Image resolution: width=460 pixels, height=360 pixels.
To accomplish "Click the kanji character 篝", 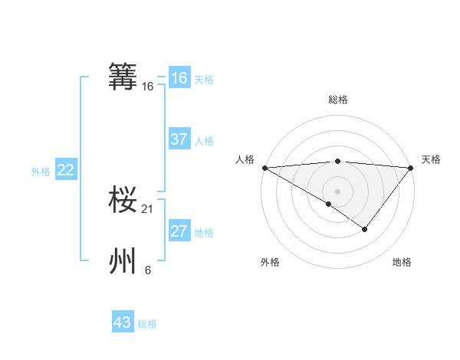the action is coord(123,77).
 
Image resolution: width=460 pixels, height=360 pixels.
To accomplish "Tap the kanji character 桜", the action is coord(123,201).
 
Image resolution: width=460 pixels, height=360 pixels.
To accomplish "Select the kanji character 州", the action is coord(123,261).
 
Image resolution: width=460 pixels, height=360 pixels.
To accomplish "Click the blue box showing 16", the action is coord(179,78).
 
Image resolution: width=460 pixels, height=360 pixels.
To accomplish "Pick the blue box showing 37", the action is coord(179,139).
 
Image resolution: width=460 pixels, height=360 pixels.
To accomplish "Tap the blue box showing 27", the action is coord(179,231).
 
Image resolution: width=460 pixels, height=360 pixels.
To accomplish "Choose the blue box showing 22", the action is coord(65,170).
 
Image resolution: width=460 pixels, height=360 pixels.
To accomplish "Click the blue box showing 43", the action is coord(123,322).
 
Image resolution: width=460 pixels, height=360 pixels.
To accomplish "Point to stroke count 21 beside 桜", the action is coord(149,209).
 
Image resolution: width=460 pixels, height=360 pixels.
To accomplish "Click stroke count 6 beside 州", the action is coord(148,270).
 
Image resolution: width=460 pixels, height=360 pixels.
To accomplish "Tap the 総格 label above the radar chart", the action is coord(337,100).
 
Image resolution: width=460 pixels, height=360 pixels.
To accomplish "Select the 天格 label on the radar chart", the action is coord(432,159).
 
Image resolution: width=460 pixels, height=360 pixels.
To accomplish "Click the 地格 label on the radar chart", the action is coord(402,263).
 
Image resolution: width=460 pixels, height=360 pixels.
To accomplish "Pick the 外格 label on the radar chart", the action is coord(270,263).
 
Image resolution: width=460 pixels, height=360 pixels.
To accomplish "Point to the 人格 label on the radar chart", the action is coord(244,159).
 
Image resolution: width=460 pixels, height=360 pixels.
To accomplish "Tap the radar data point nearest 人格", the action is coord(264,167).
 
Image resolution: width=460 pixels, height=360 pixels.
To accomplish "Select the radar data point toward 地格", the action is coord(365,229).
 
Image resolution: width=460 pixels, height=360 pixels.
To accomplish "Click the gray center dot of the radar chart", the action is coord(337,191).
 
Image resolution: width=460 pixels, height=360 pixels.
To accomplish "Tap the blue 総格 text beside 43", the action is coord(147,324).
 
